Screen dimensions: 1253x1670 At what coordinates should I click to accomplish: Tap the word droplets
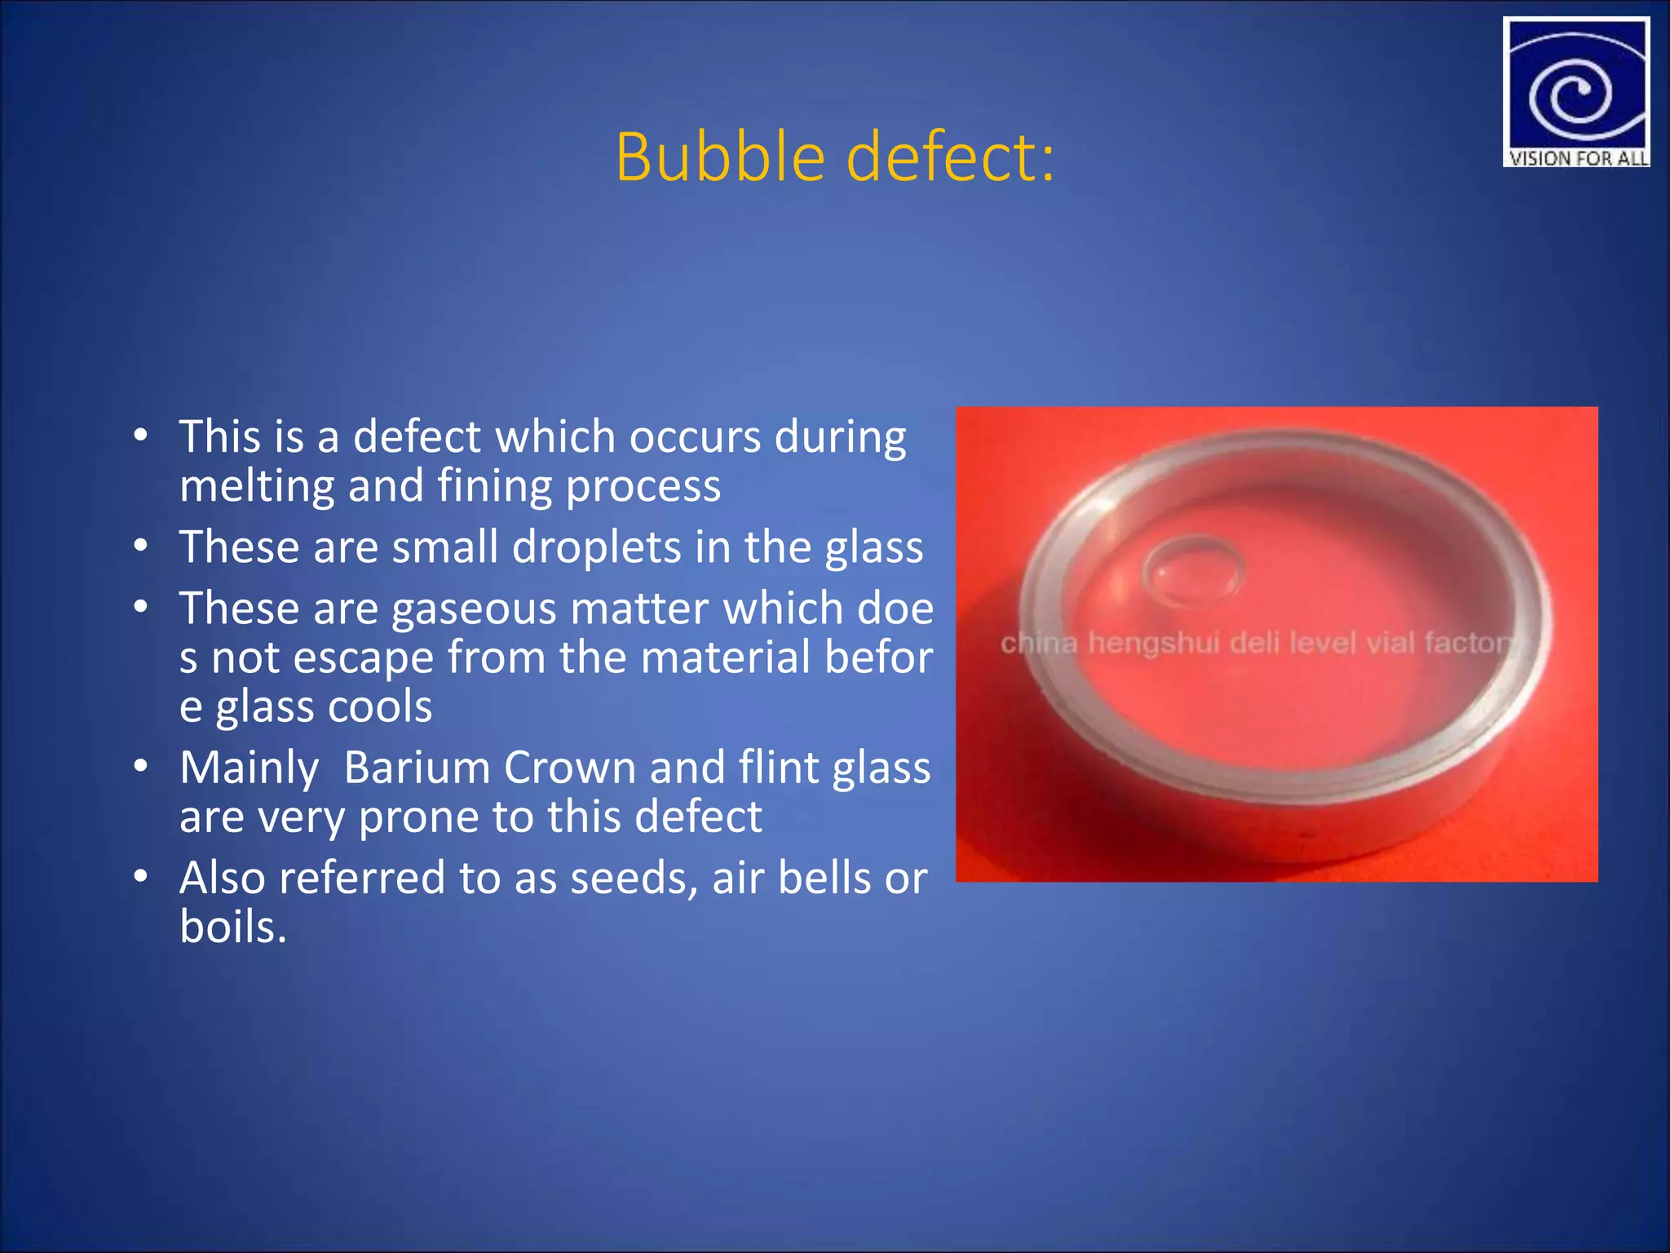[x=596, y=547]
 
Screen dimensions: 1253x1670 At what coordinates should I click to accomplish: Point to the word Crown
[x=569, y=768]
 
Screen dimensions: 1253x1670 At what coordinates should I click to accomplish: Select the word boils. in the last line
[x=233, y=928]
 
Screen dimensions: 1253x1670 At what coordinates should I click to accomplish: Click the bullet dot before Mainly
[x=141, y=766]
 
